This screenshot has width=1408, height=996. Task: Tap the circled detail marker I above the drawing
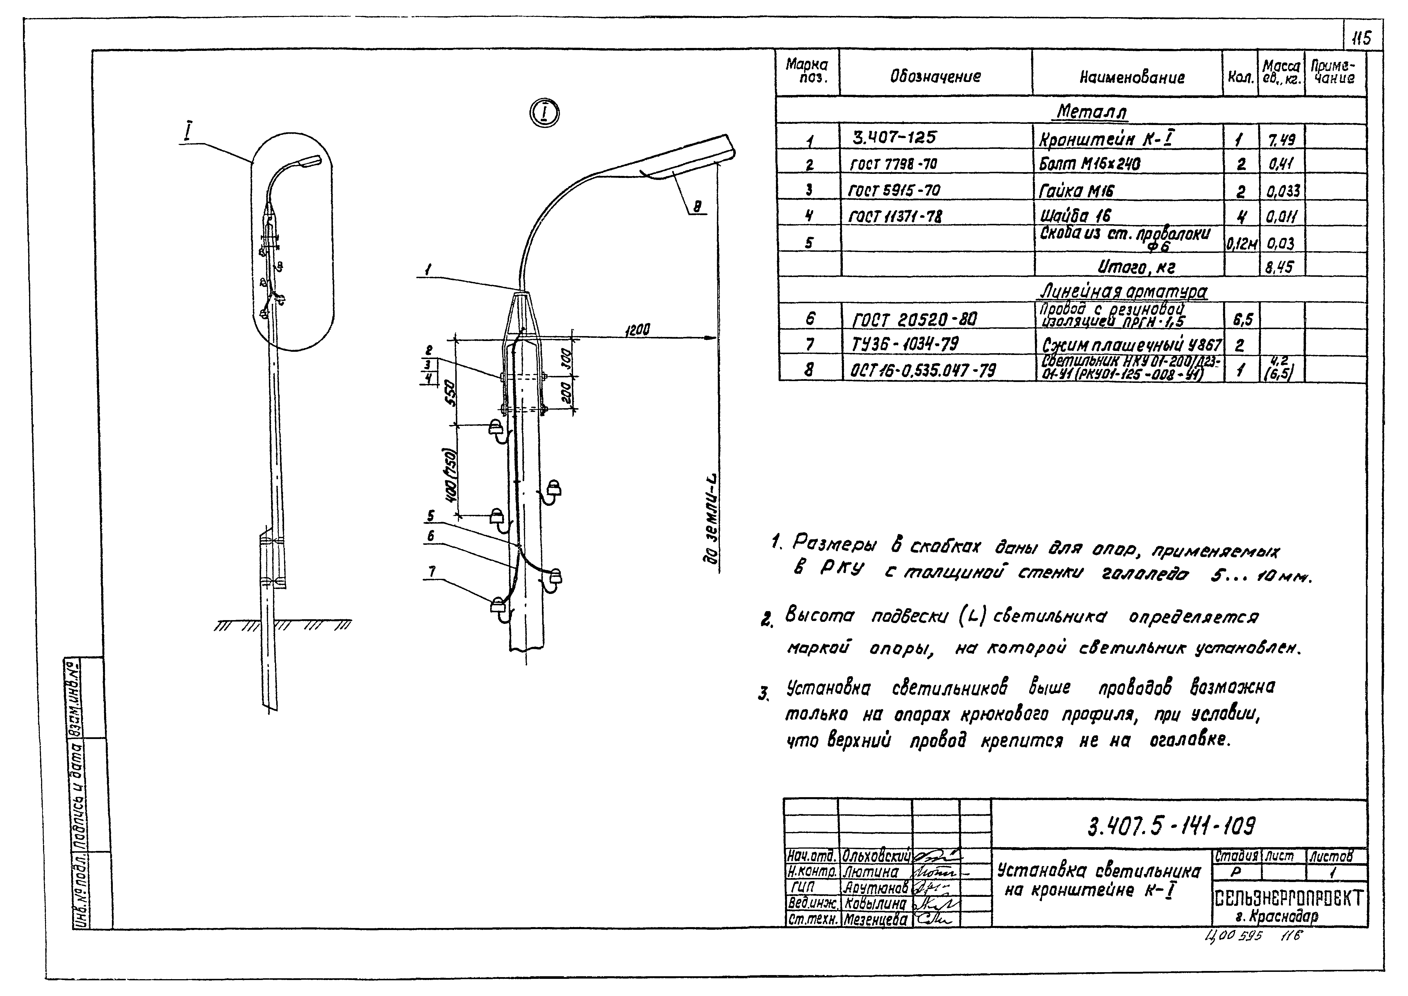point(545,113)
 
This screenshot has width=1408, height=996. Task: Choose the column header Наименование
point(1132,77)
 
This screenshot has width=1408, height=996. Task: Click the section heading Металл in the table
point(1092,112)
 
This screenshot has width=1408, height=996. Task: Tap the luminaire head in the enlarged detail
point(687,156)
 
